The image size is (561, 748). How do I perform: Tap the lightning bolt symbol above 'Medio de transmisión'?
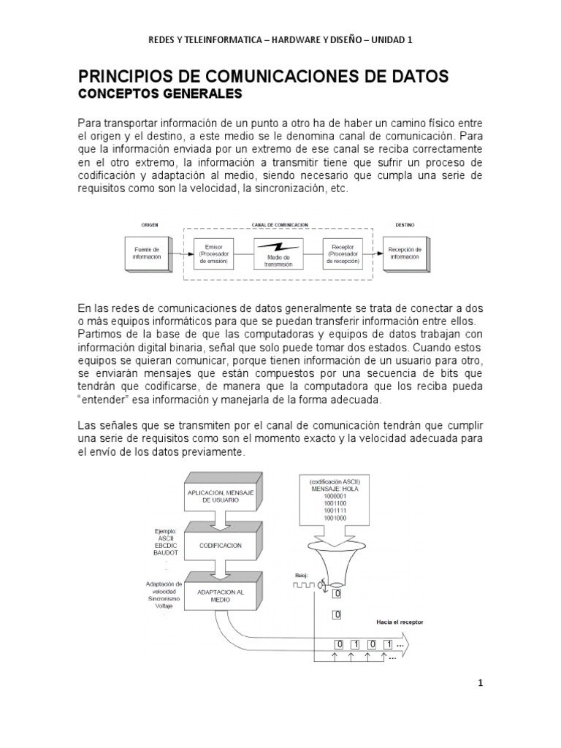click(278, 246)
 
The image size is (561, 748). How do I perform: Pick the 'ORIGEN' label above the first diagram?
click(150, 225)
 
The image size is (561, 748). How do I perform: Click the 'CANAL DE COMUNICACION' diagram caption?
click(279, 225)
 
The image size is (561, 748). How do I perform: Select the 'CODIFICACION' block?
click(221, 545)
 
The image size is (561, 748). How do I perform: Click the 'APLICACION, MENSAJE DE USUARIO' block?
click(221, 497)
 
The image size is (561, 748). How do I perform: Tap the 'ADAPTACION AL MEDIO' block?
click(221, 595)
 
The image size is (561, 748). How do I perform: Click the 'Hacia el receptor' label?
click(400, 622)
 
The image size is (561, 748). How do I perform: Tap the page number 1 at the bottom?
click(480, 683)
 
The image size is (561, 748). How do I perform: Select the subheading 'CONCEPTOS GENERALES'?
click(160, 94)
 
